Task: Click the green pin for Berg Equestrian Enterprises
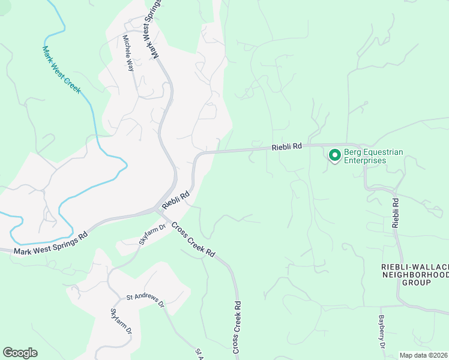click(334, 155)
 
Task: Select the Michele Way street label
click(128, 53)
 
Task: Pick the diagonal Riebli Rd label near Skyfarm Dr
click(175, 200)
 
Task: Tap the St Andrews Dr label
click(145, 299)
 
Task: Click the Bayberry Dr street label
click(382, 332)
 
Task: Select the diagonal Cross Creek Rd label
click(193, 240)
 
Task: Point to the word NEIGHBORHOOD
click(415, 274)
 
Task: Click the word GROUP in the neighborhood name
click(416, 282)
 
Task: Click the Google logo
click(20, 353)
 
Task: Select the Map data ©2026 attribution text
click(423, 355)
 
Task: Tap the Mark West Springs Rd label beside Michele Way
click(154, 29)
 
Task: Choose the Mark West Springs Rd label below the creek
click(50, 244)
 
